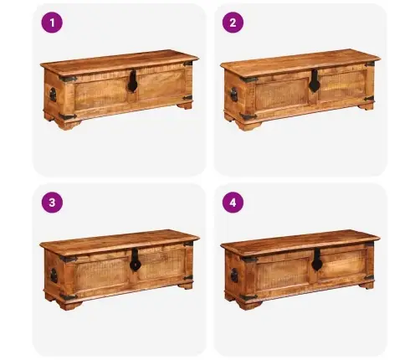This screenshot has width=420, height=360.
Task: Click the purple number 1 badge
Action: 52,23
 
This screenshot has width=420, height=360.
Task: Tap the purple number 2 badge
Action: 233,23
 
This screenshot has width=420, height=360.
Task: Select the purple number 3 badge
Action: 52,203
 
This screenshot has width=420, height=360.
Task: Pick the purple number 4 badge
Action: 233,203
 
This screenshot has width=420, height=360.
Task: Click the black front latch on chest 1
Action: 132,81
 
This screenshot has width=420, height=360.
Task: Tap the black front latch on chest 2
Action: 314,81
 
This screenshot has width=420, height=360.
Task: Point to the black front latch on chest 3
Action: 135,260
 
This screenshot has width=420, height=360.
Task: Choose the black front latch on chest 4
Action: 316,260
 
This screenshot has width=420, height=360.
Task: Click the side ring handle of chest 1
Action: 53,95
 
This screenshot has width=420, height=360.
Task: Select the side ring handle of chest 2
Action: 233,95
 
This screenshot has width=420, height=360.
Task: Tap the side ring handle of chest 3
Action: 53,275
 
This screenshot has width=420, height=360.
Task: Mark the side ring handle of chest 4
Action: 234,275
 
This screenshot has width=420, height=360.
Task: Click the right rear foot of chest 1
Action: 185,105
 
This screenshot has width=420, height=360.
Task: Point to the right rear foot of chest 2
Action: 366,106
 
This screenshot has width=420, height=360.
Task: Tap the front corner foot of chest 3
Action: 69,304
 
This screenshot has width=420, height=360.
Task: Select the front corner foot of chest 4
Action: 249,304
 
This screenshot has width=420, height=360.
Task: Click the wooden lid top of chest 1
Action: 120,61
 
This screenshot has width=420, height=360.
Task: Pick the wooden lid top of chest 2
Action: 300,61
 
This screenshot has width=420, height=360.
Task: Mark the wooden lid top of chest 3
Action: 120,241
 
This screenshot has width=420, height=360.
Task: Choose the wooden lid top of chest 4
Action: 300,241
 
